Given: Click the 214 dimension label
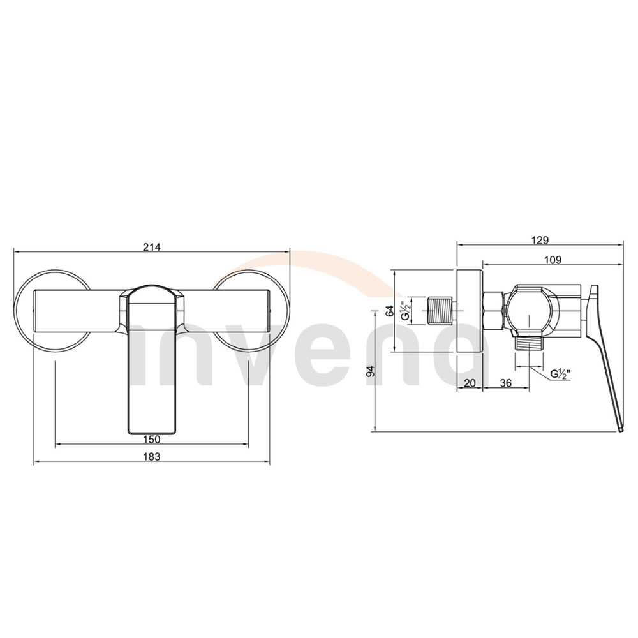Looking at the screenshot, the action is pos(152,247).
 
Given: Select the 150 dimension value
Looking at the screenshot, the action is pos(152,440).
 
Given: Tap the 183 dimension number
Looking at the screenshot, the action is pos(152,457).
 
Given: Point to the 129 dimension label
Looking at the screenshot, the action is pos(540,240).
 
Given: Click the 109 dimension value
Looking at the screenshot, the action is pos(553,260).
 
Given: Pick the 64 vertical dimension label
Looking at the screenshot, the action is pos(390,311).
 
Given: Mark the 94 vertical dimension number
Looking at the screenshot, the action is pos(370,371).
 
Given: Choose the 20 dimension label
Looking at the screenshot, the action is pos(470,383).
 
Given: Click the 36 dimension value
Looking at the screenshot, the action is pos(506,383).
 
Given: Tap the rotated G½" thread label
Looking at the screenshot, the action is pos(406,311).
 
